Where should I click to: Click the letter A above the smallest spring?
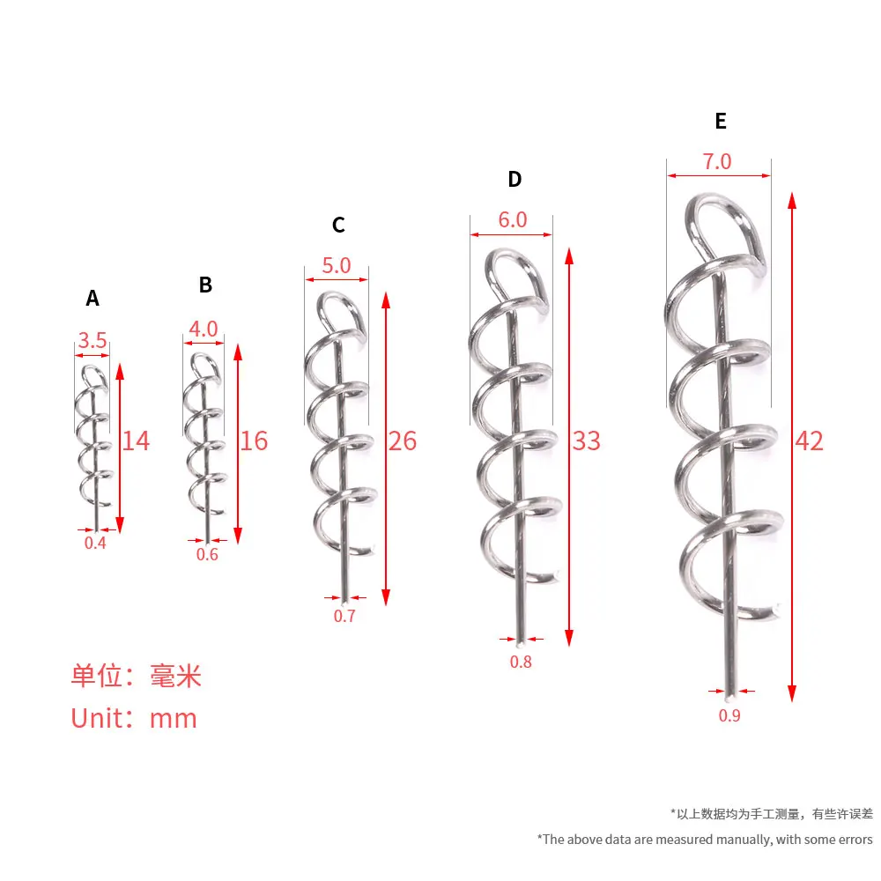93,298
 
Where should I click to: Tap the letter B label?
205,285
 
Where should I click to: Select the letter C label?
338,225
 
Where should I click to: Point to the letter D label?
515,179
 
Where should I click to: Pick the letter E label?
721,121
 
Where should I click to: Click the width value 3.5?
93,340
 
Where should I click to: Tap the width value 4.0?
204,329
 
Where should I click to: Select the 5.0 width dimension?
337,265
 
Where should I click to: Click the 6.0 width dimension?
513,219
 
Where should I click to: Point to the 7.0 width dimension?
717,162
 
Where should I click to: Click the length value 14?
136,440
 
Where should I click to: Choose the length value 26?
403,440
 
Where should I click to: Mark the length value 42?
809,440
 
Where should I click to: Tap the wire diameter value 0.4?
95,544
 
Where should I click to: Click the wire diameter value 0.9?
729,715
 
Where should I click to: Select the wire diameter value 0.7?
344,617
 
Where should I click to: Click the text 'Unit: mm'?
134,719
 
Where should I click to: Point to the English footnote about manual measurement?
705,840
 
